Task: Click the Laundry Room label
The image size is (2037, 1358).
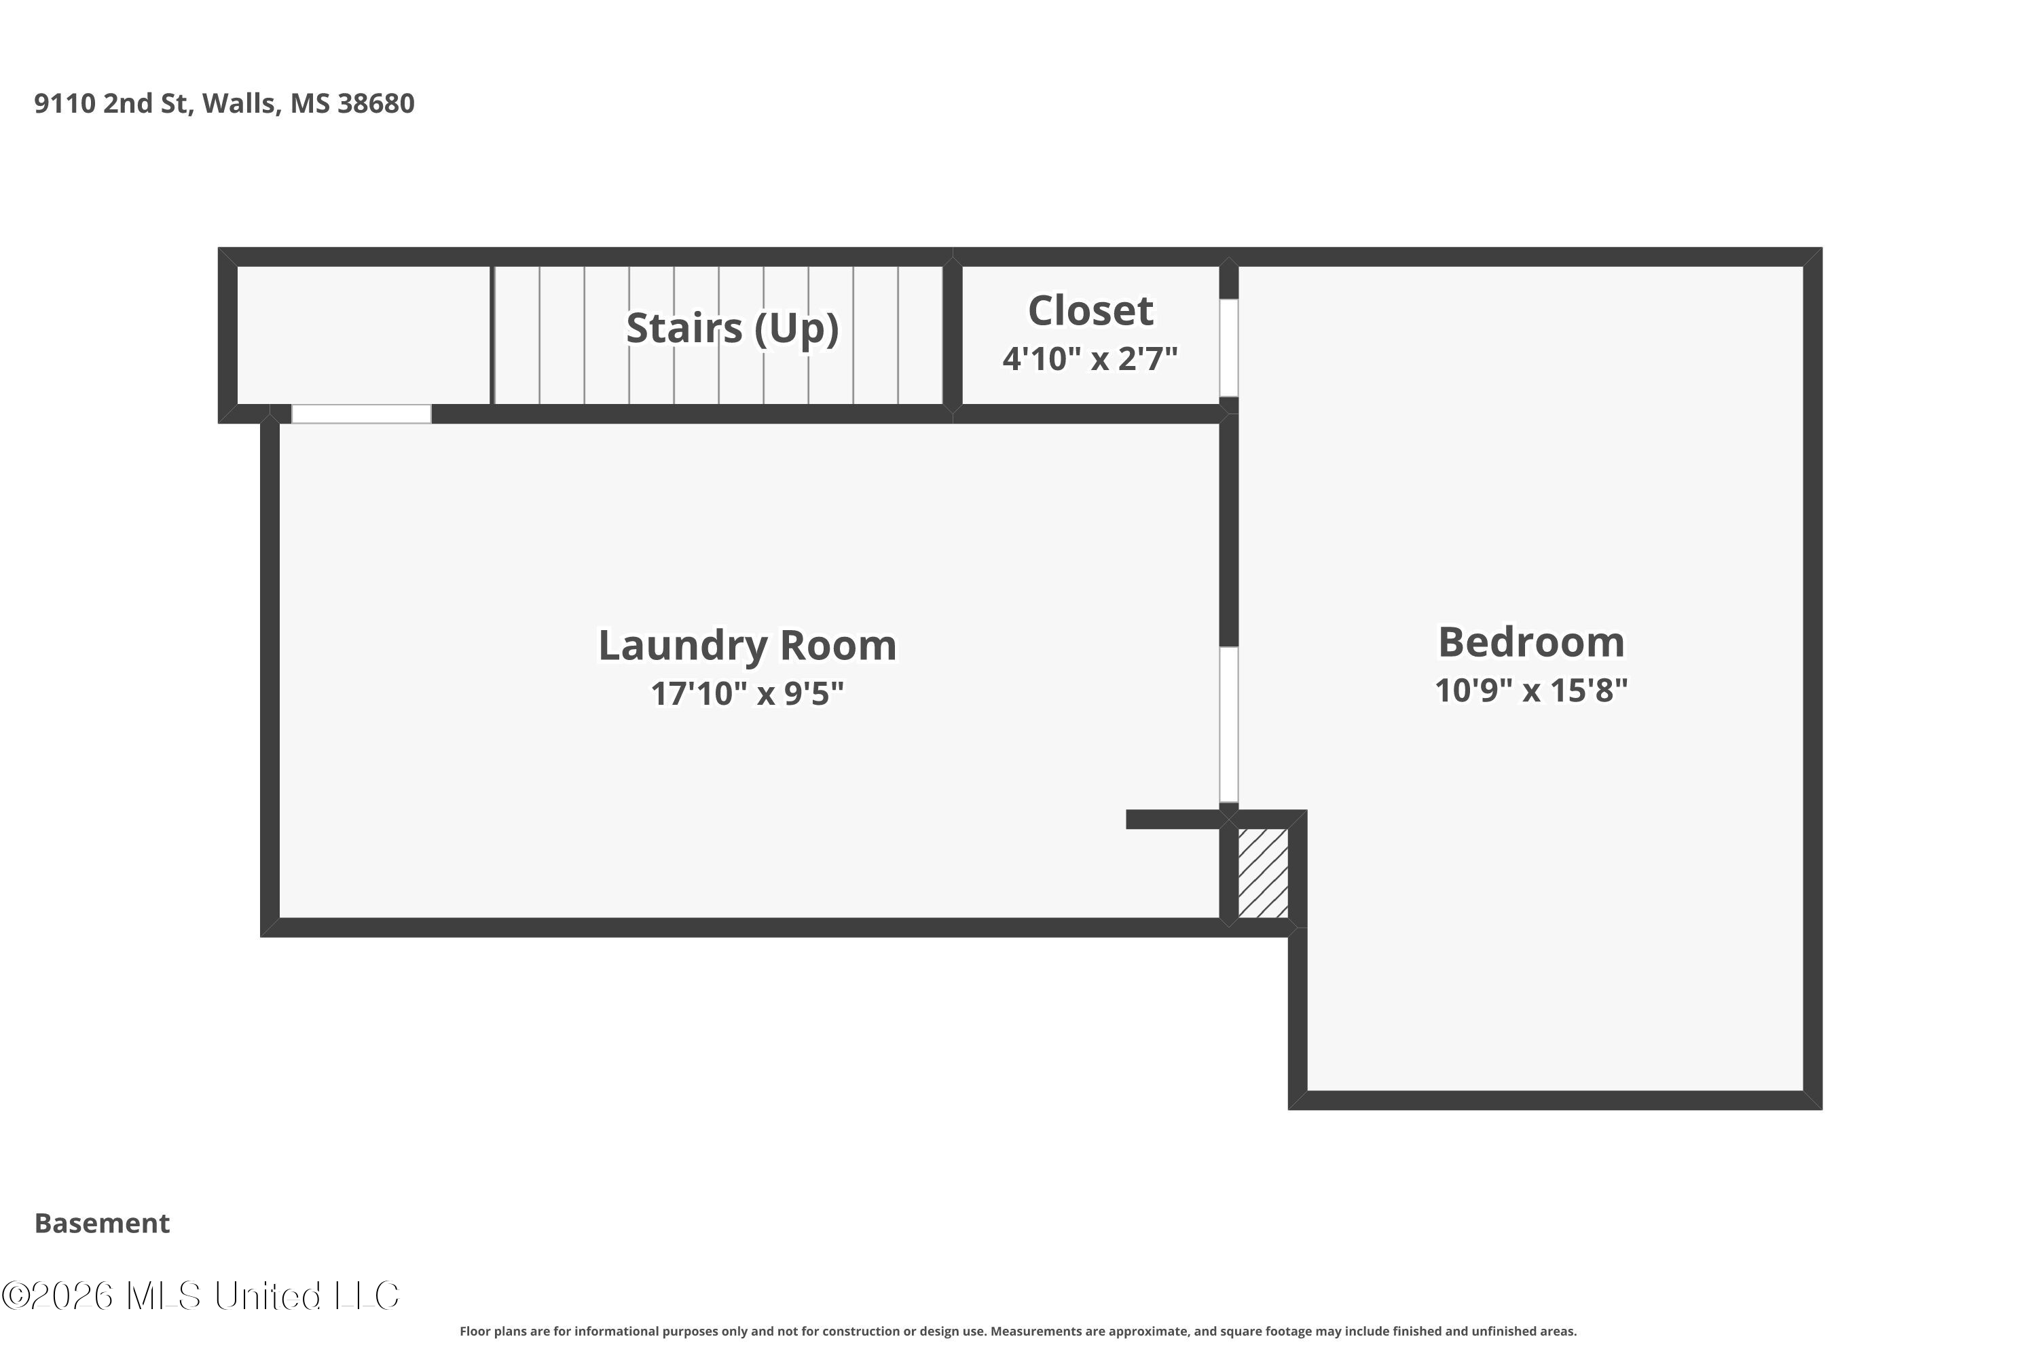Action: click(748, 646)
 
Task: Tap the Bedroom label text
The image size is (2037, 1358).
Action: click(1531, 642)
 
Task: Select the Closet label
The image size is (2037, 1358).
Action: click(1090, 310)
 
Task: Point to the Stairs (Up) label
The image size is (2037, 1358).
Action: click(733, 328)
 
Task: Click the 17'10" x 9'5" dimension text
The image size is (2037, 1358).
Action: click(748, 694)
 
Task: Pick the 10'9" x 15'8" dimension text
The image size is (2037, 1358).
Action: click(1531, 691)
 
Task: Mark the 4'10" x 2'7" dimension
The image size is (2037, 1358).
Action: click(1090, 359)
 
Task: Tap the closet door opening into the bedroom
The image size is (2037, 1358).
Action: click(1229, 348)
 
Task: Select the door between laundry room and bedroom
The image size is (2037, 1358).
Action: click(1229, 725)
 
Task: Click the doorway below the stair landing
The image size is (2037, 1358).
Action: click(361, 414)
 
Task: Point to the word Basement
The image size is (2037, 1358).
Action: click(103, 1223)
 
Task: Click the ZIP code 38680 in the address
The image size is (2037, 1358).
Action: click(376, 103)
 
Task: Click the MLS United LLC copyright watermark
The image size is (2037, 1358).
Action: click(200, 1296)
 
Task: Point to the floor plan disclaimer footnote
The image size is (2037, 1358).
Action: click(1019, 1331)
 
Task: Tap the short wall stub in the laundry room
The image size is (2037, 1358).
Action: click(1173, 820)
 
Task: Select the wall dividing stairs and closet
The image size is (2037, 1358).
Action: click(953, 335)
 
